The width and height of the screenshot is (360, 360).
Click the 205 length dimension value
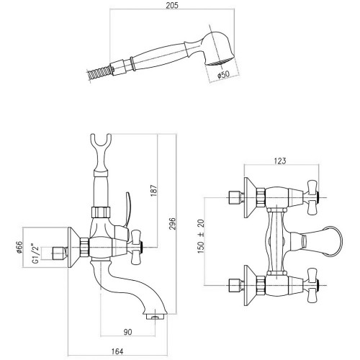pyautogui.click(x=172, y=6)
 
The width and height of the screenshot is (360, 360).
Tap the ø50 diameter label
pyautogui.click(x=223, y=75)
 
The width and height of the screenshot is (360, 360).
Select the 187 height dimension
pyautogui.click(x=153, y=190)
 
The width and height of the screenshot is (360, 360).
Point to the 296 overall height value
pyautogui.click(x=173, y=223)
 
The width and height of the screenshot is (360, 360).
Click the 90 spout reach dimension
pyautogui.click(x=127, y=332)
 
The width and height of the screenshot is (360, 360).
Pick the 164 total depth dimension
pyautogui.click(x=117, y=351)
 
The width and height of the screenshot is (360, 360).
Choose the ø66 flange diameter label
pyautogui.click(x=19, y=247)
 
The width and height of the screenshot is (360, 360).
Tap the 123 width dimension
pyautogui.click(x=280, y=161)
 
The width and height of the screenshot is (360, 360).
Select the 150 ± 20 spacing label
pyautogui.click(x=201, y=236)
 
